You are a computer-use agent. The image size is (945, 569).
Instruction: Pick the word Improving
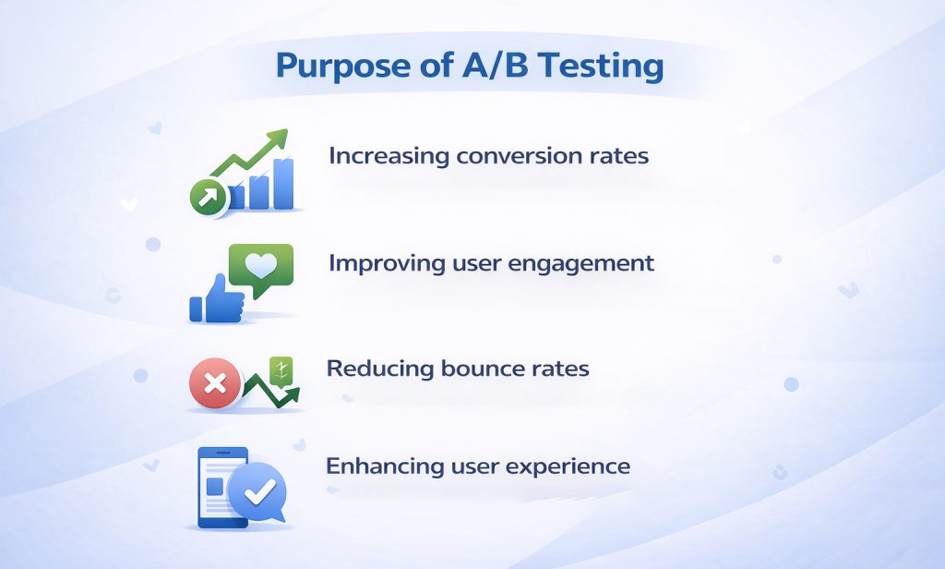388,263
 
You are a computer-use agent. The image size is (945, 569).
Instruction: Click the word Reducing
381,369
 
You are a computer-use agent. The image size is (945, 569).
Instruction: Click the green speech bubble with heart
260,267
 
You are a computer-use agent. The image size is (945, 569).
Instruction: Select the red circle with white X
214,383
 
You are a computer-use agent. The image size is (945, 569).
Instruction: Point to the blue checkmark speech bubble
257,492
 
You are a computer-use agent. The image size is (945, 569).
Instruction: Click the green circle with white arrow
208,196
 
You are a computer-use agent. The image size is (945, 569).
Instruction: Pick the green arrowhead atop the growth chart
277,141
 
